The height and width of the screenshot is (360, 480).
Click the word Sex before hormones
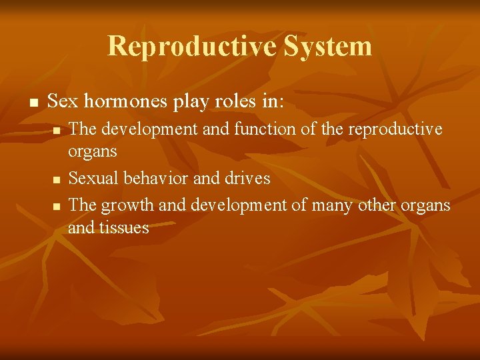[x=62, y=102]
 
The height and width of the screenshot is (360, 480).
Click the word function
[x=262, y=129]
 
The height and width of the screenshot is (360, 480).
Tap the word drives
[x=248, y=178]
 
